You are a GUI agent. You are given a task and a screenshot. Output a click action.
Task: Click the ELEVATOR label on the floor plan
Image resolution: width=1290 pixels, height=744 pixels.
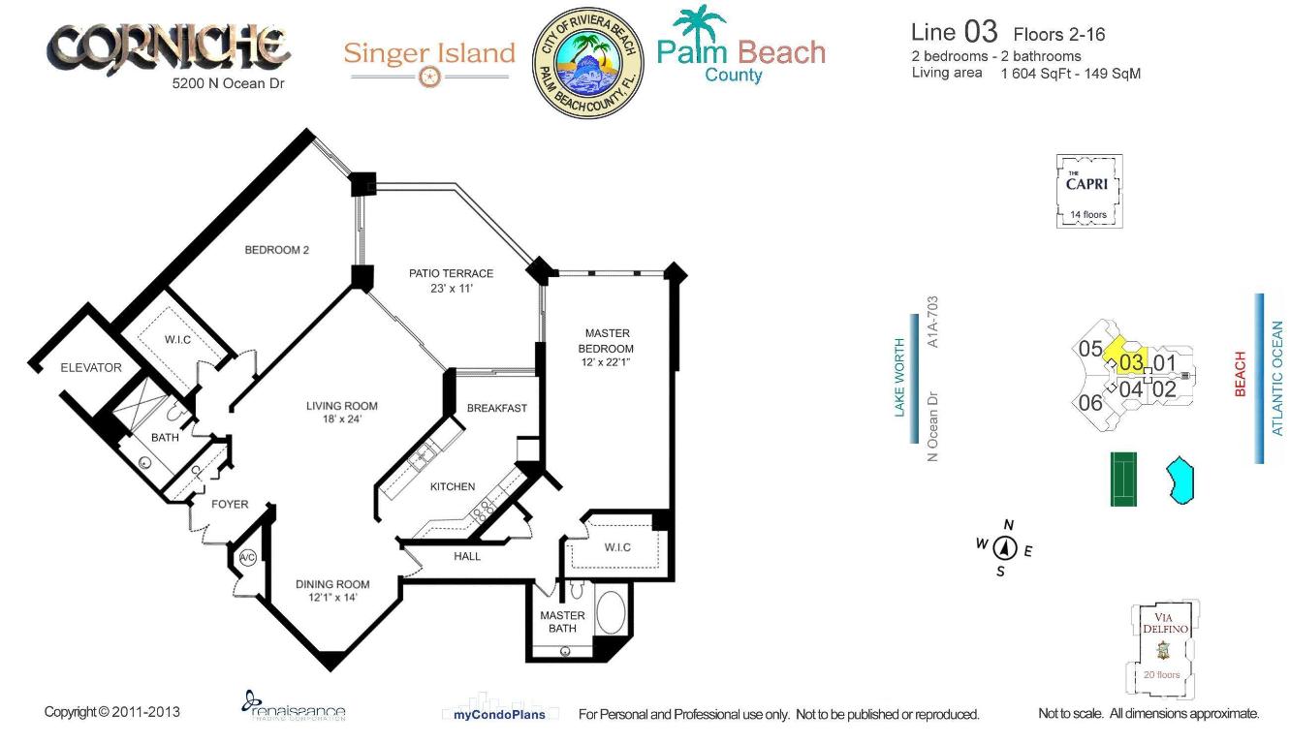click(91, 367)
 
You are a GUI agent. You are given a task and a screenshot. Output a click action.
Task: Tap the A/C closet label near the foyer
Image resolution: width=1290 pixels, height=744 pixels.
click(246, 557)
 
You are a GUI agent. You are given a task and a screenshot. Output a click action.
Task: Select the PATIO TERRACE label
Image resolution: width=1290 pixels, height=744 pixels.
click(451, 273)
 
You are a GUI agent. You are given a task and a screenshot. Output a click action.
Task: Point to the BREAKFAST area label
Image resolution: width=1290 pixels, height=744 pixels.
click(497, 408)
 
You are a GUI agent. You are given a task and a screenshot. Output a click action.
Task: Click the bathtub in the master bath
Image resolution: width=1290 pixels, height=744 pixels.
click(611, 613)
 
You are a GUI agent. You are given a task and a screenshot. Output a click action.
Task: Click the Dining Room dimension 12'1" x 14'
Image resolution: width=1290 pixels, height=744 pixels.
click(332, 598)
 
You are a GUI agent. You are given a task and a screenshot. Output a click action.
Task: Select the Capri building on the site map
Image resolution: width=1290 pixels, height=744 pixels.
click(1088, 191)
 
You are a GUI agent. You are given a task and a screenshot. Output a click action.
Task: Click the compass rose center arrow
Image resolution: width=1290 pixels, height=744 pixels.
click(1005, 548)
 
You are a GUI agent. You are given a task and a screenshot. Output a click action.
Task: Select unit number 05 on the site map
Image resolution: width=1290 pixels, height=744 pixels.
click(1089, 349)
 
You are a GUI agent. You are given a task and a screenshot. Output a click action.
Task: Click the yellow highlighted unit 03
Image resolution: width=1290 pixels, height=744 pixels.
click(1130, 362)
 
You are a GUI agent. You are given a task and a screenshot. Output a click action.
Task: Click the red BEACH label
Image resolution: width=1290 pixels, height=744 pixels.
click(1240, 374)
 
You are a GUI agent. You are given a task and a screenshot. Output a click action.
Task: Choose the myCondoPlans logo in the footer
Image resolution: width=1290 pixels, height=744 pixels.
click(499, 714)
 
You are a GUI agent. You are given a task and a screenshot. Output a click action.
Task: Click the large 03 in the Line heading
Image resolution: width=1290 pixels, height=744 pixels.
click(980, 32)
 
